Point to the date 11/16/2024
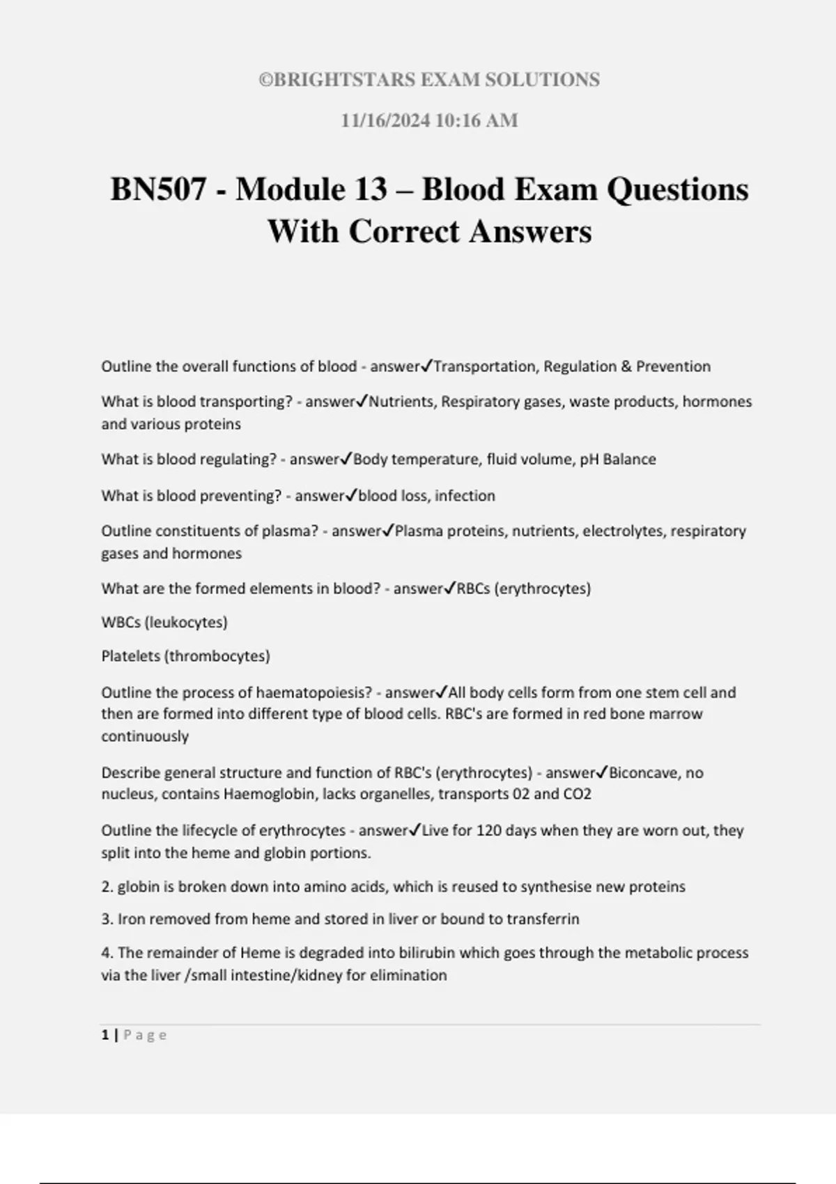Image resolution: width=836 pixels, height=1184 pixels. tap(385, 120)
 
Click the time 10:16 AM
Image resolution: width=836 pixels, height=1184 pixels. tap(477, 120)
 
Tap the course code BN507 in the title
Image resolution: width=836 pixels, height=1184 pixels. tap(158, 189)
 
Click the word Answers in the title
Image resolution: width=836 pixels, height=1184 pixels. tap(530, 231)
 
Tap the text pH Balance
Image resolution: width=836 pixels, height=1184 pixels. tap(618, 460)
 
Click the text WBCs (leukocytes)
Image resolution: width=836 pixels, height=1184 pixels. tap(164, 623)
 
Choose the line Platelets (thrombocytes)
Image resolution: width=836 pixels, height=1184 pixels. tap(185, 656)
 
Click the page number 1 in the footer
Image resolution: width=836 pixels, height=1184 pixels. tap(105, 1036)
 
